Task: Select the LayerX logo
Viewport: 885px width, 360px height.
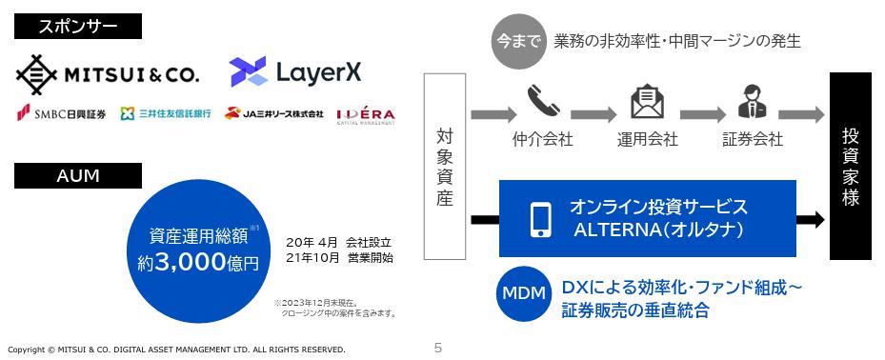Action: [x=295, y=70]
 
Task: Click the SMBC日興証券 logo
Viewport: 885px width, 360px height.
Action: [x=61, y=115]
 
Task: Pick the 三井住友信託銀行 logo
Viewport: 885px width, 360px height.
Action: [x=167, y=115]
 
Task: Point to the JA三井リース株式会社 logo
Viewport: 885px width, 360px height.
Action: [x=274, y=115]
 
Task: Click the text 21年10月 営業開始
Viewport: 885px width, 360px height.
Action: [x=338, y=257]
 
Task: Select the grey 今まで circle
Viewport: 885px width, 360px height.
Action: [x=518, y=42]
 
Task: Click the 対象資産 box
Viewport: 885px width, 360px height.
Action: [x=445, y=167]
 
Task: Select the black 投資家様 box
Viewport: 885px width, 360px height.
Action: [x=851, y=166]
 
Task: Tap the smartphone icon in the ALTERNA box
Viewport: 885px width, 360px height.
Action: [x=540, y=217]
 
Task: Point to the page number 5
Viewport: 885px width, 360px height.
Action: [x=437, y=349]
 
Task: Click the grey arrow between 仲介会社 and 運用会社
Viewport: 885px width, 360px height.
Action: [x=596, y=115]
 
